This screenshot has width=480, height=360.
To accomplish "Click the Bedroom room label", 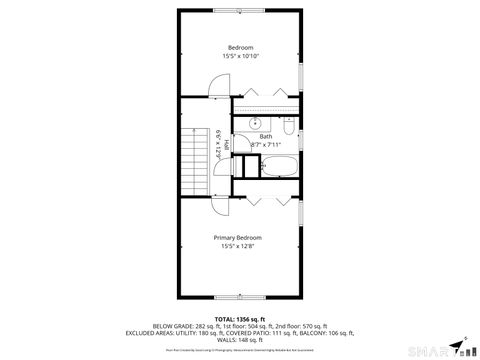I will click(x=240, y=48).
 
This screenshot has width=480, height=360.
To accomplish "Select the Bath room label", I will click(x=265, y=136).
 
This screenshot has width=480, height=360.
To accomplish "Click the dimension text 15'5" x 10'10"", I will click(x=240, y=56).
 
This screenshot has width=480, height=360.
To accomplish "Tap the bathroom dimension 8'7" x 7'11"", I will click(x=265, y=145).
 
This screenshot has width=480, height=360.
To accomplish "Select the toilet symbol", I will click(x=287, y=129).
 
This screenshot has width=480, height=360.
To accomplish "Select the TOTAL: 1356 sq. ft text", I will click(x=239, y=317).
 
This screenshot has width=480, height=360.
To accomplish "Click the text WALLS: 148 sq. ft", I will click(x=239, y=339).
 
